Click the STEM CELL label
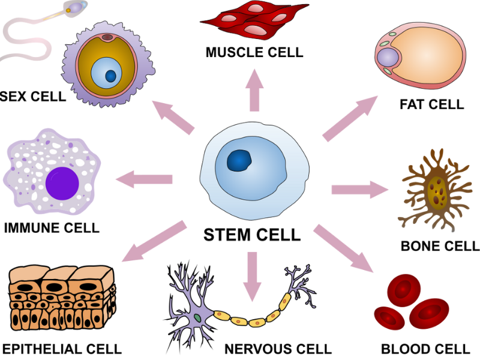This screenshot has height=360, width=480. tap(252, 235)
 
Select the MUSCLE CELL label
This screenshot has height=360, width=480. tap(254, 52)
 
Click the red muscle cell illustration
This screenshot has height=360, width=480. tap(252, 22)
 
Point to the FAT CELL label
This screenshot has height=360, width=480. tap(432, 104)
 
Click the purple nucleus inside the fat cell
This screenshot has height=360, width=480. tap(388, 58)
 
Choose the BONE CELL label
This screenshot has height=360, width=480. tap(440, 246)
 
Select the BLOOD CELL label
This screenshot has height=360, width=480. tap(425, 349)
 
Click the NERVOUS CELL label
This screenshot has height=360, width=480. tap(278, 349)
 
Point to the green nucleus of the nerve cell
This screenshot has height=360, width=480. tap(197, 317)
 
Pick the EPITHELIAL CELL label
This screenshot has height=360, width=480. tap(62, 349)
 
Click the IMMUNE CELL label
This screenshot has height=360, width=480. tap(52, 228)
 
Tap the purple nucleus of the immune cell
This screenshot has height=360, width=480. tap(63, 184)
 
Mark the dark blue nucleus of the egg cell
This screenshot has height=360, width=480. tap(111, 76)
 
